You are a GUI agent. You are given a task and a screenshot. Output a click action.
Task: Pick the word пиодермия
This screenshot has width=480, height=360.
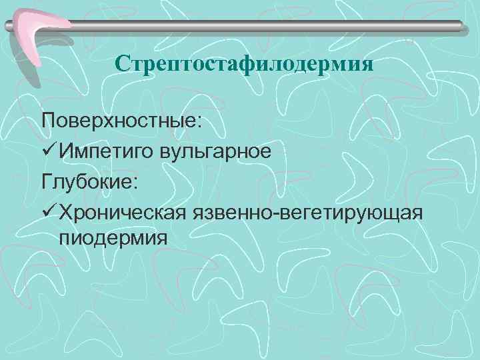[x=113, y=238]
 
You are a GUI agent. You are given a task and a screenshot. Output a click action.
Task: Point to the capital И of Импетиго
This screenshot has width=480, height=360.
[x=65, y=151]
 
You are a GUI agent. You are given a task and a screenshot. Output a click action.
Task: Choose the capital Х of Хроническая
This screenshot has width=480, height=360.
[x=65, y=209]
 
